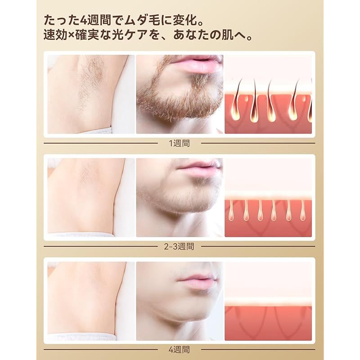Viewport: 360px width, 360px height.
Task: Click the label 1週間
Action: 180,144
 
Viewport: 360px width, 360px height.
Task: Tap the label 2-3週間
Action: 180,246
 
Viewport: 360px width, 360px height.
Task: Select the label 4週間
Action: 180,349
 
